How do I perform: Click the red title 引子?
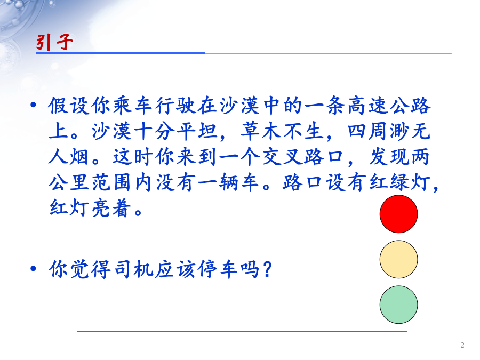click(54, 42)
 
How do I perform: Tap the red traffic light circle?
click(398, 214)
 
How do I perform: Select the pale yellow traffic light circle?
click(398, 259)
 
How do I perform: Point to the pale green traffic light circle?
click(398, 305)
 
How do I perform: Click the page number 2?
click(462, 345)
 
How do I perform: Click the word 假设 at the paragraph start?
click(69, 106)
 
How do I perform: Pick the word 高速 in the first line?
click(367, 106)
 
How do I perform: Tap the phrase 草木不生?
click(283, 131)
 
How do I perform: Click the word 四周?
click(368, 131)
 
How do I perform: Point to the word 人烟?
click(69, 157)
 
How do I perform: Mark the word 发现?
click(389, 157)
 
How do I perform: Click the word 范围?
click(111, 183)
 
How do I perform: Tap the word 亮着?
click(111, 209)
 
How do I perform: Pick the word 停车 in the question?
click(218, 269)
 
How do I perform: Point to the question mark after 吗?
click(267, 269)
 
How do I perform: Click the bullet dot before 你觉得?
click(34, 269)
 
